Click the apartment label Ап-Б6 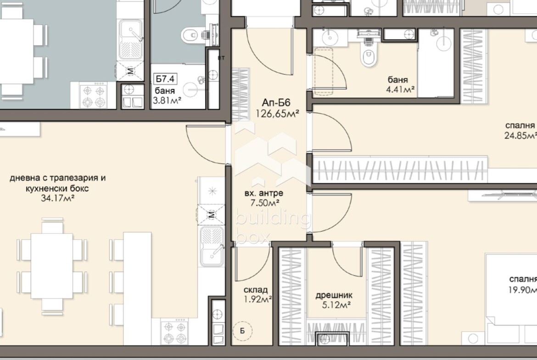click(x=276, y=103)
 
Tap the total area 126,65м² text click(x=277, y=114)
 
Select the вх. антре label click(x=264, y=194)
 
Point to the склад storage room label click(x=256, y=290)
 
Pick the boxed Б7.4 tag click(x=165, y=79)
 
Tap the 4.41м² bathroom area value click(x=400, y=90)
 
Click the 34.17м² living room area click(x=58, y=198)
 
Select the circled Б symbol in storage click(x=242, y=331)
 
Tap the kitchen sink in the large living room click(x=213, y=246)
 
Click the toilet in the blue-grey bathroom click(x=190, y=35)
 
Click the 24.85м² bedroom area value click(x=520, y=136)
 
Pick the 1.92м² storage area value click(x=257, y=300)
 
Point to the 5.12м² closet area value click(x=336, y=305)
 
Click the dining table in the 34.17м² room click(x=52, y=266)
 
